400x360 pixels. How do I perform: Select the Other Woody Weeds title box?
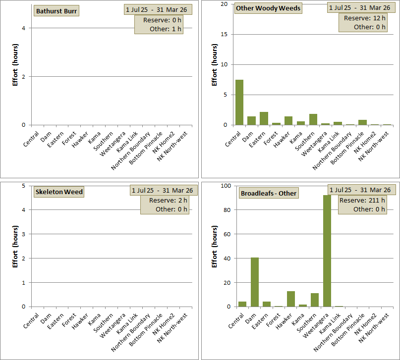pos(269,8)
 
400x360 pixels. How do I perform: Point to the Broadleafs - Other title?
pos(268,193)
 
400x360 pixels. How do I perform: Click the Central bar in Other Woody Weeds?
pos(239,102)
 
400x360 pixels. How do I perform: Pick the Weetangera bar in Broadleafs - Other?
pos(327,251)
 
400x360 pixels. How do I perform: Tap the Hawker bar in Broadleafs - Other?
pos(291,299)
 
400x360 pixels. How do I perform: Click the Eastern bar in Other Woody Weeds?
pos(264,118)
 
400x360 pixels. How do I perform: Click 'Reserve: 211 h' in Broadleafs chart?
pos(363,200)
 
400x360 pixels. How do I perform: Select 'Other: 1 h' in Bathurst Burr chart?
pos(166,29)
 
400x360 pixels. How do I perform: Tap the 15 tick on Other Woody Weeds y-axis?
pos(224,34)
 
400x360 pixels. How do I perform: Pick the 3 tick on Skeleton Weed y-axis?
pos(24,234)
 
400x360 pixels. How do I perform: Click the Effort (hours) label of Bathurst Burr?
pos(15,68)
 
